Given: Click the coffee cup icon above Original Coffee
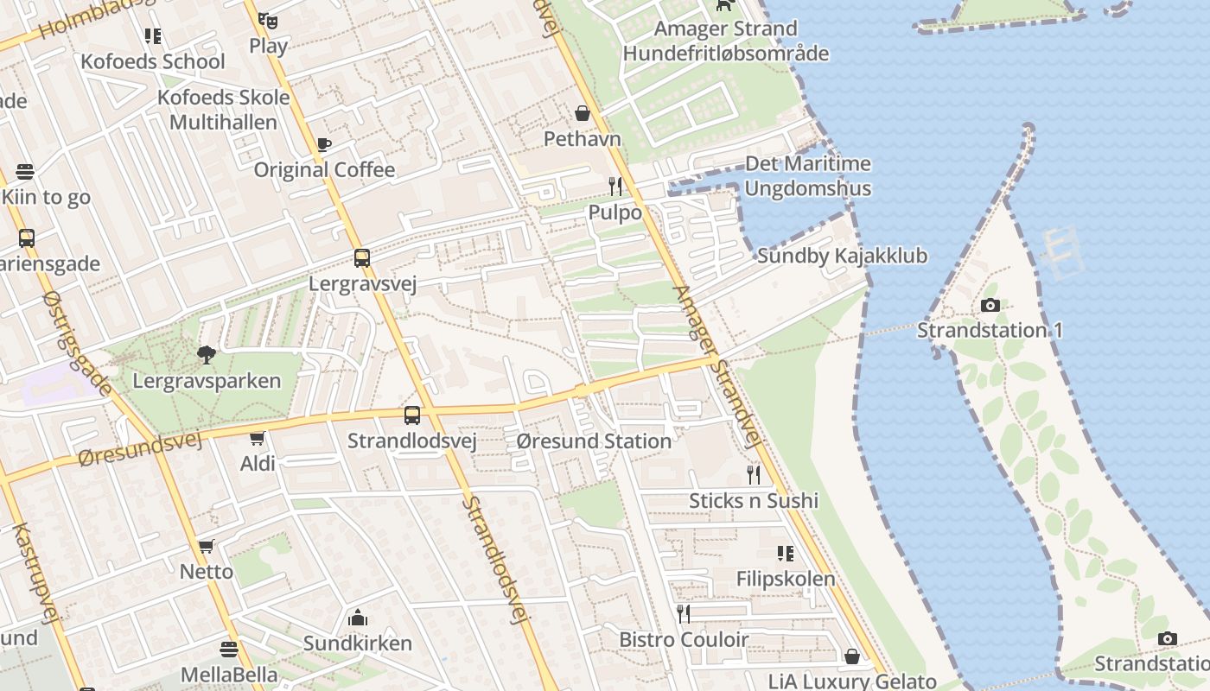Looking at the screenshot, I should (x=324, y=144).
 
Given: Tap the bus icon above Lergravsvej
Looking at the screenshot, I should (x=362, y=257).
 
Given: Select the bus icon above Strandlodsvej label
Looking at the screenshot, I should (x=412, y=415).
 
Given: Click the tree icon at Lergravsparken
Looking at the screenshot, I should (x=206, y=354).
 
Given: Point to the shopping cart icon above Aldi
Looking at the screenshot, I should (x=257, y=438).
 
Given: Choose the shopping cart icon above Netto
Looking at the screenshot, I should (x=206, y=546).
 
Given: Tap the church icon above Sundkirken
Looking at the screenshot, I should (x=357, y=618).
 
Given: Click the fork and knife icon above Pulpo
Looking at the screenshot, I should (x=615, y=186).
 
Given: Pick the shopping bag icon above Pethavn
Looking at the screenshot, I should (x=583, y=113).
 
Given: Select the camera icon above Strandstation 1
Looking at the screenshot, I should (x=990, y=305).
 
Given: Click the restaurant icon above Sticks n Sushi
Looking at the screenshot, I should (x=754, y=474).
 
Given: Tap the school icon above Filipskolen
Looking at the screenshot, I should (x=785, y=553).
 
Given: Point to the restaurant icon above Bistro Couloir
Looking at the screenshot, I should (x=684, y=613).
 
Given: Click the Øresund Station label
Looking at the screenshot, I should (x=594, y=441).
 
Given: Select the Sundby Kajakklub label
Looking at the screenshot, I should (x=842, y=256).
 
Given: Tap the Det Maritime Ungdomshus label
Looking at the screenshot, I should (x=807, y=176).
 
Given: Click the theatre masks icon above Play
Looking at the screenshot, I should (x=268, y=20).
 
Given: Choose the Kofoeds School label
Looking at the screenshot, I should (x=152, y=61).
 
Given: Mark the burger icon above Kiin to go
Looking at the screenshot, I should (x=25, y=171).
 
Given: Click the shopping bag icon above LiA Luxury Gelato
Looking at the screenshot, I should (x=852, y=656).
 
